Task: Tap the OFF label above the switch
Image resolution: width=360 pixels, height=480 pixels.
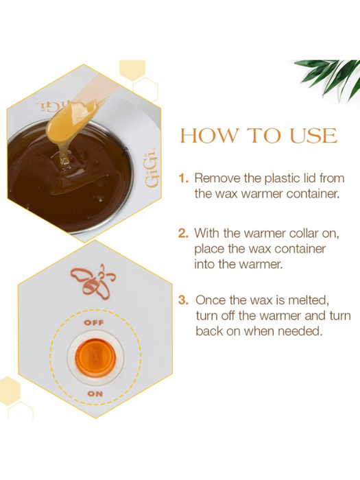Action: [x=94, y=323]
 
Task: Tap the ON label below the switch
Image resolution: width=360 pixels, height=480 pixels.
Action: [x=95, y=394]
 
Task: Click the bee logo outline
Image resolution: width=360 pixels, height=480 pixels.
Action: [x=93, y=281]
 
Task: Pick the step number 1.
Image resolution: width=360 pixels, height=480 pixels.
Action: [x=183, y=178]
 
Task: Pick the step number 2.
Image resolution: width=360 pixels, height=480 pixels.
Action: [x=183, y=233]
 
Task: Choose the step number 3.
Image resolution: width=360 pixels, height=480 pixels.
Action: [x=183, y=300]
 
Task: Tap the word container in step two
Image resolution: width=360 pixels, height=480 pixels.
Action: [x=300, y=249]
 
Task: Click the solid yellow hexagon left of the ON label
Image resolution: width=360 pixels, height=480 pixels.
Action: [x=8, y=391]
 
